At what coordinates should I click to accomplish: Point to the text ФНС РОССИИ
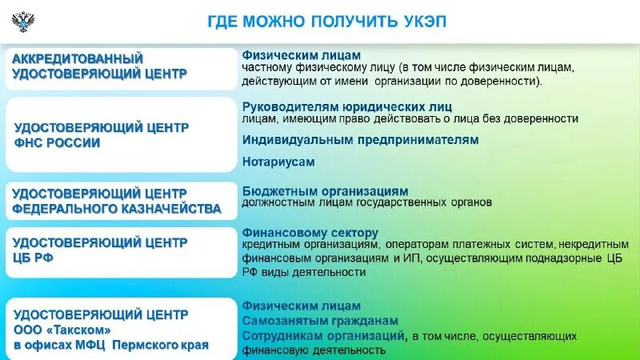[x=58, y=143]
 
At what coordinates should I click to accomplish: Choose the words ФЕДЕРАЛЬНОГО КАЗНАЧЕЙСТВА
[x=116, y=209]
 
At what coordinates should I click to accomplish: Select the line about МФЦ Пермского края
[x=110, y=346]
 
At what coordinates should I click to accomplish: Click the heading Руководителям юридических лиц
[x=347, y=106]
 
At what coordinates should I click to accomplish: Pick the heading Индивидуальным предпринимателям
[x=360, y=139]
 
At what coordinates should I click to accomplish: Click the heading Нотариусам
[x=278, y=162]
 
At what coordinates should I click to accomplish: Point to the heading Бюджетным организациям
[x=325, y=191]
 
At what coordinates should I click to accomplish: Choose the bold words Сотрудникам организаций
[x=322, y=335]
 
